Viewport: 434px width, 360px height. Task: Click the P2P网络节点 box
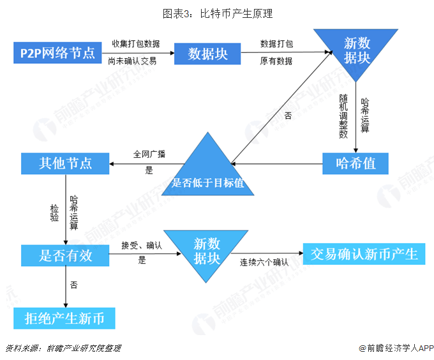click(58, 52)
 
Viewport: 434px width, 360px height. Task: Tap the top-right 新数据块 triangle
click(356, 50)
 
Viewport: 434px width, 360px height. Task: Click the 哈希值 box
click(356, 163)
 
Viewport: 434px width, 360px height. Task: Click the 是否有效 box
click(65, 256)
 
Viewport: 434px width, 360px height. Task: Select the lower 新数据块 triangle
click(207, 250)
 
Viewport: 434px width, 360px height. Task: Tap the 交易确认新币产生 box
click(364, 254)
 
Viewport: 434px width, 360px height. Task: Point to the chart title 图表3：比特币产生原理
click(217, 13)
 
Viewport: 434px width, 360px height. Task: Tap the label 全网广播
click(149, 154)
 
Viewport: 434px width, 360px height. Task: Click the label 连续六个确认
click(264, 262)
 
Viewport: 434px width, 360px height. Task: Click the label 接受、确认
click(142, 246)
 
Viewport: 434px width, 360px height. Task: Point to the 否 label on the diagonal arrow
click(288, 116)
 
